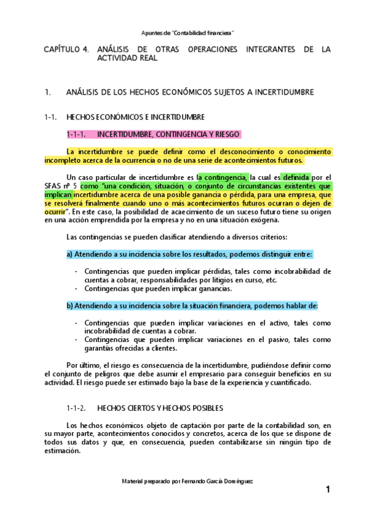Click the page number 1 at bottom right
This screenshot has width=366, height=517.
328,490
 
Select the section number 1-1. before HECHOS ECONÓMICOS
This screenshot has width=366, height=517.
51,117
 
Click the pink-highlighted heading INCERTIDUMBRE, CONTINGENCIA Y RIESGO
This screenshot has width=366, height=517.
169,134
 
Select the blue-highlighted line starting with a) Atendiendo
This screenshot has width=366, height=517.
189,254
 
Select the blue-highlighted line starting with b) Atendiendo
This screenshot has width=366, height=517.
192,305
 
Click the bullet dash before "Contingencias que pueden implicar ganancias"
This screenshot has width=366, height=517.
76,288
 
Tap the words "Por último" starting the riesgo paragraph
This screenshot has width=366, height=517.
82,365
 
